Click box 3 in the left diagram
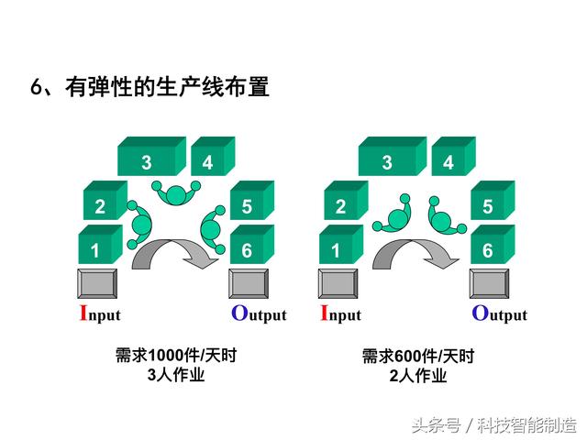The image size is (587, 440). click(151, 157)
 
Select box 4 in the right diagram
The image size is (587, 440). click(453, 157)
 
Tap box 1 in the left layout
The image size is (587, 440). click(100, 245)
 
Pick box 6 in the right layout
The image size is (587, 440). click(493, 245)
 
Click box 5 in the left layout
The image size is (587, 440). click(252, 200)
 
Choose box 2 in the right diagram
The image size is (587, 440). click(346, 200)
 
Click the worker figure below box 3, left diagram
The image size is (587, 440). click(176, 192)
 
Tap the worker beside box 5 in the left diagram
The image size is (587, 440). click(213, 229)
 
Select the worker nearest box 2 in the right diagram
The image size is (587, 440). click(393, 215)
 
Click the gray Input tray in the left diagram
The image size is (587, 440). click(97, 283)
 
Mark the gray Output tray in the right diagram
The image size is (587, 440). click(489, 283)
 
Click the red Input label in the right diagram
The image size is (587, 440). click(340, 313)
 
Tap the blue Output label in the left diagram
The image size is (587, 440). click(259, 313)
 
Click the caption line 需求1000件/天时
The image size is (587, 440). click(176, 355)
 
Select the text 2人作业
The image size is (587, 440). click(418, 375)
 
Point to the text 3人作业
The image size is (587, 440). click(176, 375)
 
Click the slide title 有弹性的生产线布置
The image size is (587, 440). click(167, 87)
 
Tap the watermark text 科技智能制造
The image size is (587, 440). click(526, 425)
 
